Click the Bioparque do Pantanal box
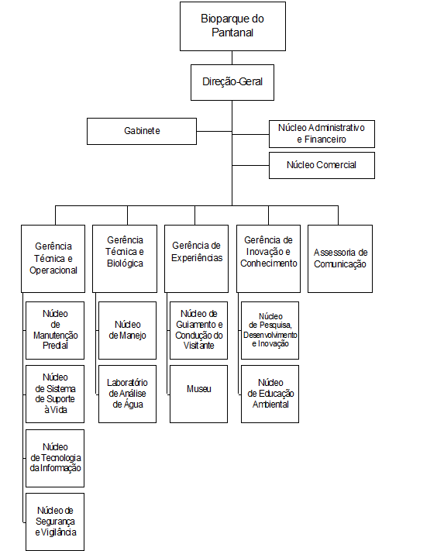coord(232,26)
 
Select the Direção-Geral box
coord(232,83)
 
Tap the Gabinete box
coord(142,132)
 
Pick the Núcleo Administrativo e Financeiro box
coord(322,134)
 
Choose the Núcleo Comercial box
coord(322,165)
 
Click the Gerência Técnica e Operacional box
coord(53,259)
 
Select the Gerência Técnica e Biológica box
coord(125,259)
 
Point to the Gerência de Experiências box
coord(196,259)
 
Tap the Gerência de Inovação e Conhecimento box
coord(268,259)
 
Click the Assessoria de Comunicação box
coord(340,259)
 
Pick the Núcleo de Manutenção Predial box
coord(55,330)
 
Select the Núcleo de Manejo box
coord(128,330)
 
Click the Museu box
coord(199,394)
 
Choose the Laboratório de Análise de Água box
coord(128,394)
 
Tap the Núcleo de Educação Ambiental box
coord(270,394)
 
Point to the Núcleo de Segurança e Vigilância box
coord(55,522)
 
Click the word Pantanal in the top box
coord(232,33)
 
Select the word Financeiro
coord(325,139)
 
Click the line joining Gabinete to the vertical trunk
coord(215,132)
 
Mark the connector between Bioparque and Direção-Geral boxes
coord(232,57)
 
